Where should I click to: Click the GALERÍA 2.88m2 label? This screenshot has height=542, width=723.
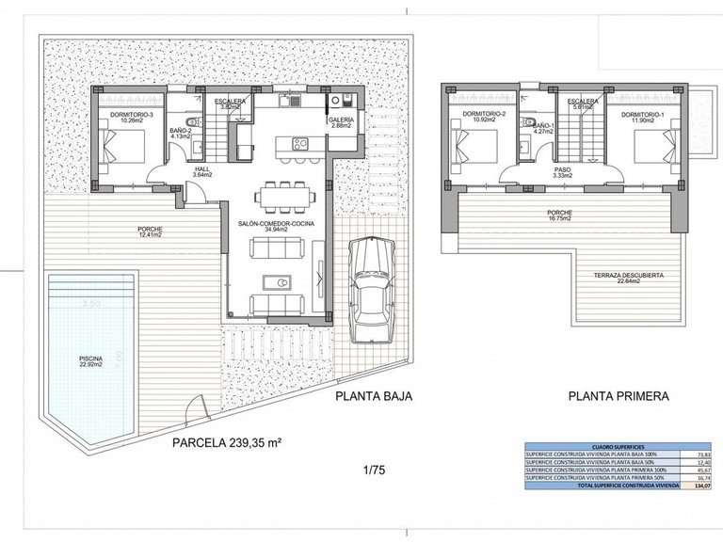pos(342,123)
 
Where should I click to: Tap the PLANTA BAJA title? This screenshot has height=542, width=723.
pos(373,397)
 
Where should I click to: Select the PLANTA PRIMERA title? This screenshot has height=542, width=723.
pos(618,397)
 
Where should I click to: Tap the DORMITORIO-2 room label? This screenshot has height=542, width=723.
pos(472,118)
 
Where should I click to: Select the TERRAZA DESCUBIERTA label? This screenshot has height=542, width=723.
pos(630,276)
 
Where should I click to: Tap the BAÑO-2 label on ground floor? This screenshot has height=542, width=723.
pos(182,132)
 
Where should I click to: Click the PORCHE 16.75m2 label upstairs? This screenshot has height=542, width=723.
pos(559,215)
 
